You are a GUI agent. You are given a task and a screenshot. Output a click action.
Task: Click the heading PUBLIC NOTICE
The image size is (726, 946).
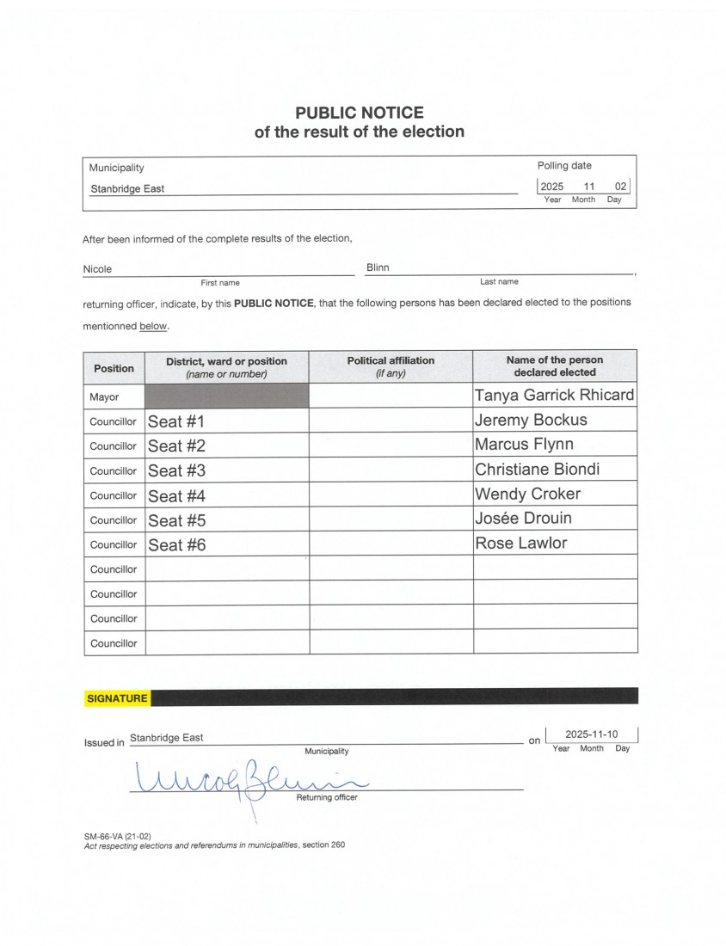click(x=360, y=113)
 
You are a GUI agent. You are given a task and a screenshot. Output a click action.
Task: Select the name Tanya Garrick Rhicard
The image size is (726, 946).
click(x=554, y=395)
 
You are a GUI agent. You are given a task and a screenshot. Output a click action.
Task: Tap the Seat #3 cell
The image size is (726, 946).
click(x=176, y=470)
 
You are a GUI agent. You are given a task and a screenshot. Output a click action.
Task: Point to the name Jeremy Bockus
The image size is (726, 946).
click(x=531, y=420)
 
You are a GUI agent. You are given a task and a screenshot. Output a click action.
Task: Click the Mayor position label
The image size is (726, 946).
click(x=104, y=397)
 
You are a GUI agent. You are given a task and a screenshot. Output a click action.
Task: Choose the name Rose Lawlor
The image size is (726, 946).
click(x=520, y=543)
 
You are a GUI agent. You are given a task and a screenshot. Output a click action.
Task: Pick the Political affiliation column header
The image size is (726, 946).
click(x=391, y=366)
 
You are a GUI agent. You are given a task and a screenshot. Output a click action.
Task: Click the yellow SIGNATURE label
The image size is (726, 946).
click(x=117, y=698)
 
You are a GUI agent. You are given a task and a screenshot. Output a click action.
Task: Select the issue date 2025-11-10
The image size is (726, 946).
click(x=592, y=734)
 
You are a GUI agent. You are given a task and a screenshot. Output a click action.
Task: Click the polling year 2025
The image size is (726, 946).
click(x=551, y=187)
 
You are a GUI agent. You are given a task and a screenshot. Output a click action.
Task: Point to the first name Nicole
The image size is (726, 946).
click(x=97, y=269)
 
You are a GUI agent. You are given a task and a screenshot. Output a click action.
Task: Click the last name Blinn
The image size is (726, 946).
click(x=378, y=267)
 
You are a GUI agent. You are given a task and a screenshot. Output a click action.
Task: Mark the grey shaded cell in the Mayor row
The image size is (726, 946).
click(x=226, y=396)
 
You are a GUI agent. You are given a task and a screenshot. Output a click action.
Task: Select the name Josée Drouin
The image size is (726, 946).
click(x=523, y=518)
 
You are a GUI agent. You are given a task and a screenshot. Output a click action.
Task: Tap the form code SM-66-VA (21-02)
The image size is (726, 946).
click(x=118, y=836)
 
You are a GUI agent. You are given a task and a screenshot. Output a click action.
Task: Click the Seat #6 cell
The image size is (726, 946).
click(x=176, y=544)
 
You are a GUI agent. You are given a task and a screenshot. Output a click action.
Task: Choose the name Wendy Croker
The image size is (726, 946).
click(x=527, y=494)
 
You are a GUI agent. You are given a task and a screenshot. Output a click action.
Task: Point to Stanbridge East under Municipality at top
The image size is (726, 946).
click(x=126, y=188)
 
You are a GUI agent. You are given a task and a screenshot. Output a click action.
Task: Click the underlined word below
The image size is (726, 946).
click(x=153, y=327)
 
